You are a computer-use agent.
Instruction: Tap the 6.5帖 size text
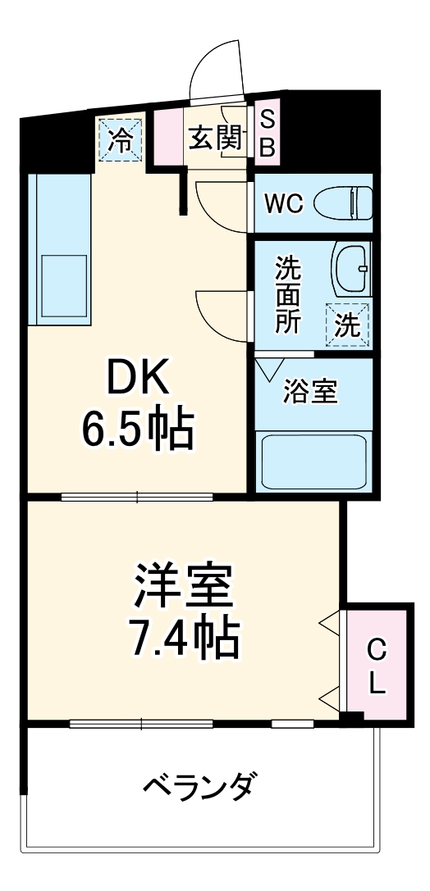point(137,428)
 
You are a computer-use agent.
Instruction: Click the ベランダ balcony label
point(199,789)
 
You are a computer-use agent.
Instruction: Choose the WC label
point(284,202)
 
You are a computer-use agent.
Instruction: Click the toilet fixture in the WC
point(351,202)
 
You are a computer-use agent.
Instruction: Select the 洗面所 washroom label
point(286,293)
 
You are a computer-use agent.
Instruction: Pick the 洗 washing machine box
point(347,325)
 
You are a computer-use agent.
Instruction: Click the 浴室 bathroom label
point(309,392)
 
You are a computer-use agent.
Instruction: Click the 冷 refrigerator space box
point(121,139)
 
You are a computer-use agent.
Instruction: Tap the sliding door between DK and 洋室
point(137,495)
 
